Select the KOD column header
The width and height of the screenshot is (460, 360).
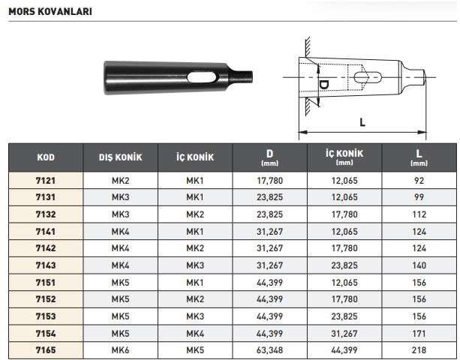click(x=46, y=157)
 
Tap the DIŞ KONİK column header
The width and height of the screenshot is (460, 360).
click(x=120, y=157)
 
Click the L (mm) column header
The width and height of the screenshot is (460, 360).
click(x=419, y=157)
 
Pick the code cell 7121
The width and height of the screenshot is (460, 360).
click(x=46, y=181)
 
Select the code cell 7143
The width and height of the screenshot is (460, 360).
click(x=46, y=265)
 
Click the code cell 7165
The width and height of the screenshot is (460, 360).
click(x=46, y=349)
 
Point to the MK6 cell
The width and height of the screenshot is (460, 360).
click(x=120, y=349)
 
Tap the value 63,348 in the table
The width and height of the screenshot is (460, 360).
click(x=269, y=349)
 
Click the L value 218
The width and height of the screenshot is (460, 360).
click(x=419, y=349)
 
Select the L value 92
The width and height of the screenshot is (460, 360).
click(x=419, y=181)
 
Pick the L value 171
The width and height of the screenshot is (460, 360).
click(x=419, y=332)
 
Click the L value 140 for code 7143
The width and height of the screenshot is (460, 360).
click(x=419, y=265)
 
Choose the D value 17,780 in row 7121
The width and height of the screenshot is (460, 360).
click(x=269, y=181)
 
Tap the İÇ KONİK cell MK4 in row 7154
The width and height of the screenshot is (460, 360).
click(x=195, y=332)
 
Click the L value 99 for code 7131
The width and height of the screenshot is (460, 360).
click(x=419, y=197)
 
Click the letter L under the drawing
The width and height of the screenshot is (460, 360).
click(x=362, y=121)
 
